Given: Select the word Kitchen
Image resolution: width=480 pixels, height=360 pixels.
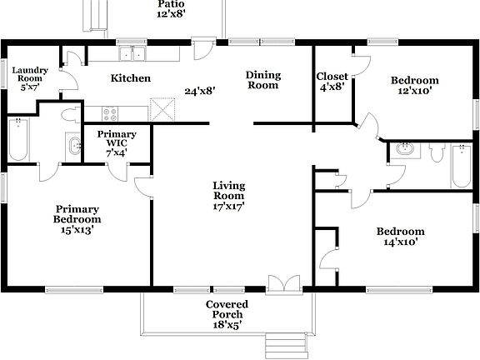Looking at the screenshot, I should click(x=131, y=78).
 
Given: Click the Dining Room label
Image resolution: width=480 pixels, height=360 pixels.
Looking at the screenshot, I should click(x=262, y=80).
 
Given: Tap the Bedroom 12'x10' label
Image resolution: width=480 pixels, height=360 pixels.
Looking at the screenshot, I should click(x=415, y=87).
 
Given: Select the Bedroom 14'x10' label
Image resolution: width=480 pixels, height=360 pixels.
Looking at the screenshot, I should click(x=400, y=237).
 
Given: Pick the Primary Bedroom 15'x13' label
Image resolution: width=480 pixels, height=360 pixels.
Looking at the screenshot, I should click(x=77, y=219).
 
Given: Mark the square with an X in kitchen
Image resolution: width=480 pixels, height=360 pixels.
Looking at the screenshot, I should click(x=162, y=110).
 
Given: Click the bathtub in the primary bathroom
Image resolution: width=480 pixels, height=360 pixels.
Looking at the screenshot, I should click(x=17, y=139).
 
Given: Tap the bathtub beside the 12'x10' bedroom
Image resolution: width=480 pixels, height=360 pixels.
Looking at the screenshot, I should click(x=461, y=166).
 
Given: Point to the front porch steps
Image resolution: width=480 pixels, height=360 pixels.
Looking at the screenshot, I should click(x=276, y=343).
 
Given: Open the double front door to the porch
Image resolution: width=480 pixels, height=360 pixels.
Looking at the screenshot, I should click(x=282, y=284).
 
